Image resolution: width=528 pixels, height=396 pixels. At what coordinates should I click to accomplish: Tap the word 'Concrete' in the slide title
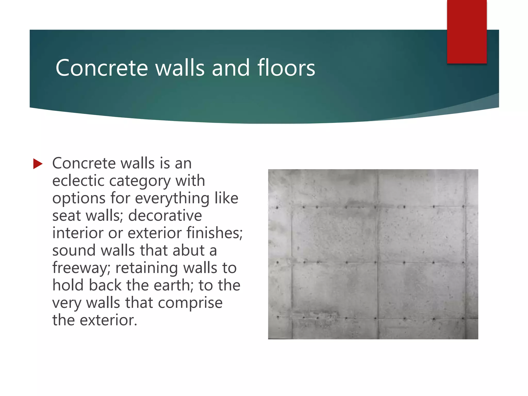(102, 68)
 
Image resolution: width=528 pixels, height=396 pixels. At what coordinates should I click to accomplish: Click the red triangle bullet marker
(38, 164)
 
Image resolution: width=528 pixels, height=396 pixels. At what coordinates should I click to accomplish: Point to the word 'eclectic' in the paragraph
(79, 180)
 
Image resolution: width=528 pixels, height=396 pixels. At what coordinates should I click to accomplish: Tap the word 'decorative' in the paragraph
(165, 216)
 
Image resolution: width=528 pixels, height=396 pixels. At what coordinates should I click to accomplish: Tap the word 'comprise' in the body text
(190, 303)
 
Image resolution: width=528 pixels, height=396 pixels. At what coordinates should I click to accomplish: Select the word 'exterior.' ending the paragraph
(108, 320)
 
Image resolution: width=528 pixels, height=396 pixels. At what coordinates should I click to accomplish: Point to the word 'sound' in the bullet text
(74, 250)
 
